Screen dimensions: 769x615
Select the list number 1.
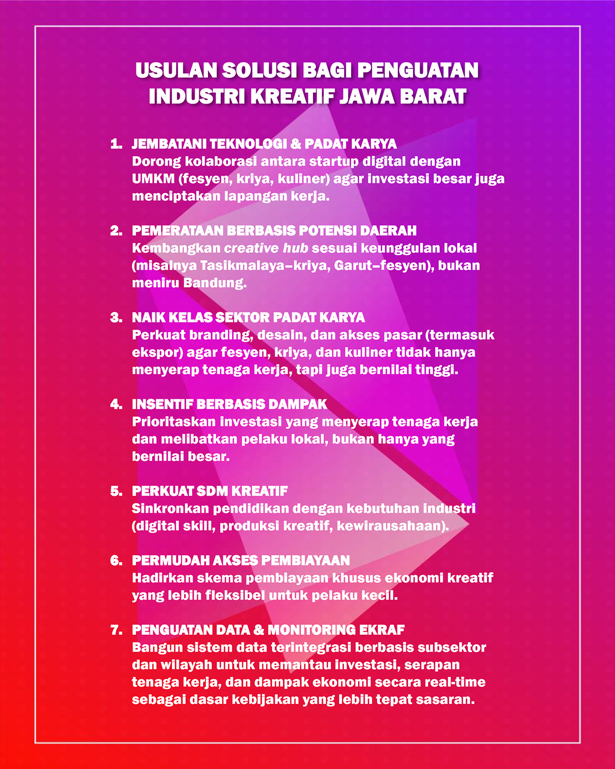[x=116, y=144]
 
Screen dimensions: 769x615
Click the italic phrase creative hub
[x=266, y=248]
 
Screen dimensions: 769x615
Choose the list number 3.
[x=116, y=318]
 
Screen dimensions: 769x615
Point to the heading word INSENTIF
[x=162, y=404]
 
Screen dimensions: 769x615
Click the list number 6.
[x=116, y=561]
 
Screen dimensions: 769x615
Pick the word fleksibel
[x=235, y=596]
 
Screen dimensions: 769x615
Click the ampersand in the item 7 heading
[x=259, y=630]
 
